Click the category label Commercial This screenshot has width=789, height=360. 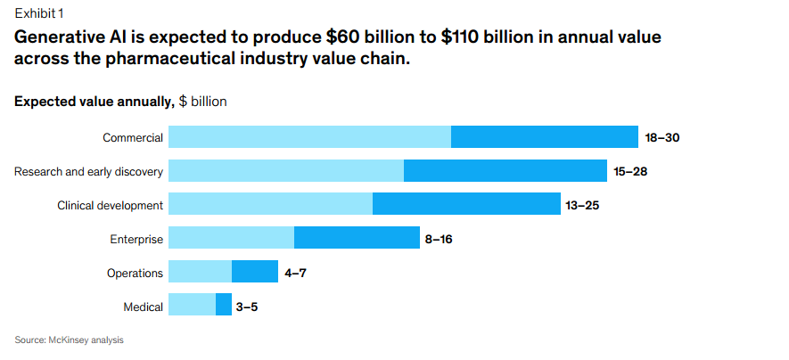pyautogui.click(x=133, y=137)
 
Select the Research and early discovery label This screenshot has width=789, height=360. pyautogui.click(x=88, y=171)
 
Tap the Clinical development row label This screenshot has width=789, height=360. pyautogui.click(x=110, y=205)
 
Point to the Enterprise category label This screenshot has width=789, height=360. pyautogui.click(x=136, y=239)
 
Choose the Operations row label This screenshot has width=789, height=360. pyautogui.click(x=135, y=273)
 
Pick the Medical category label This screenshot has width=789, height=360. pyautogui.click(x=144, y=307)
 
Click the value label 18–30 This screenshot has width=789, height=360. pyautogui.click(x=662, y=137)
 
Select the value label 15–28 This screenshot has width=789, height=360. pyautogui.click(x=630, y=171)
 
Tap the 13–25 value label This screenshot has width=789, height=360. pyautogui.click(x=583, y=205)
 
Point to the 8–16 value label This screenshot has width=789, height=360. pyautogui.click(x=442, y=239)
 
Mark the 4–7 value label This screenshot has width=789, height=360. pyautogui.click(x=296, y=273)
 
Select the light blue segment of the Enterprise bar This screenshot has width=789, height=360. pyautogui.click(x=231, y=238)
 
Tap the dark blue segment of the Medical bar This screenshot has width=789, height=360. pyautogui.click(x=224, y=305)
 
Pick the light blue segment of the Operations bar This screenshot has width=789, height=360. pyautogui.click(x=200, y=271)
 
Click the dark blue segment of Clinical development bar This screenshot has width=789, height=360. pyautogui.click(x=466, y=204)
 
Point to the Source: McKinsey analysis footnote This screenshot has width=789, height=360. pyautogui.click(x=69, y=340)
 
